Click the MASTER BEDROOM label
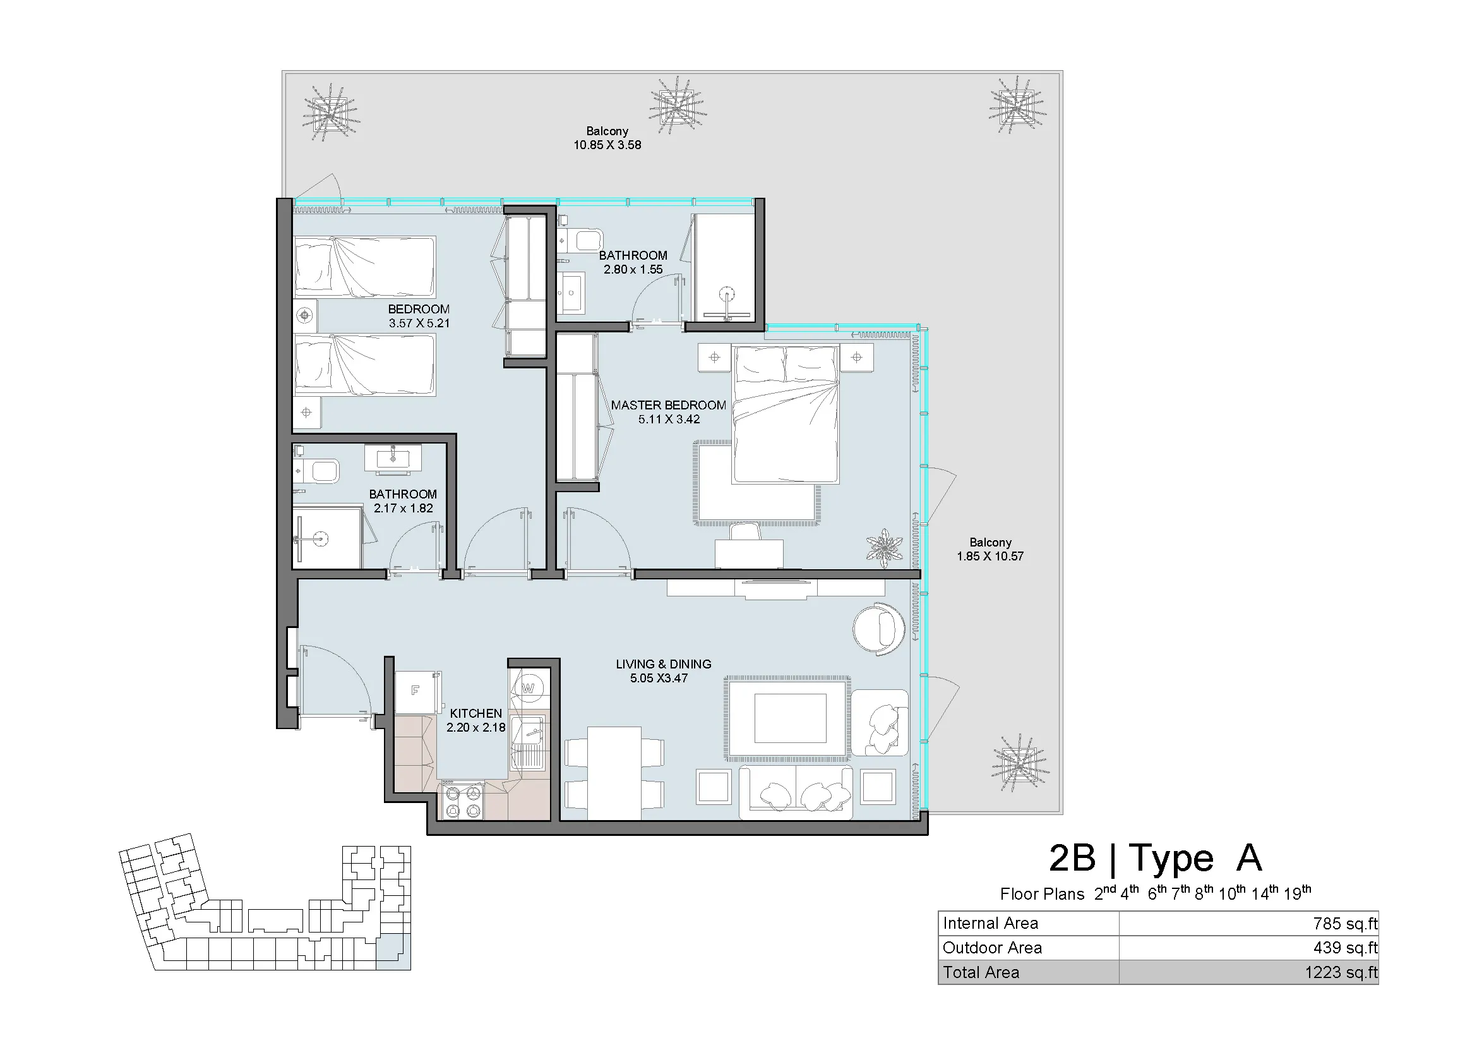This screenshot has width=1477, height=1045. [668, 406]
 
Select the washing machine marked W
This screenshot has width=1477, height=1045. [528, 688]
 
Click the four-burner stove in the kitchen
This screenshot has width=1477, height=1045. [463, 800]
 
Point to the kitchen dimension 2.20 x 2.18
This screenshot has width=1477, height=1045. [476, 728]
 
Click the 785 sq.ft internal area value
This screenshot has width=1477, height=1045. [1345, 924]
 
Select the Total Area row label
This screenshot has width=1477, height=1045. [981, 972]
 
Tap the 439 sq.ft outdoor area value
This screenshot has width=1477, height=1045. [1345, 948]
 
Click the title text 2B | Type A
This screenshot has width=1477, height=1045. [1156, 858]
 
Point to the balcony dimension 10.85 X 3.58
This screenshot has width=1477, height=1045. [607, 145]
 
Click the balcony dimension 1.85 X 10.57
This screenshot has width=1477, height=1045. [990, 557]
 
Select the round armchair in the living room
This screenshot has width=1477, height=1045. [879, 629]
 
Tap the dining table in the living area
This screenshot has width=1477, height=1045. [614, 773]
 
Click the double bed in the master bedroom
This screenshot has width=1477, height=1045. [786, 414]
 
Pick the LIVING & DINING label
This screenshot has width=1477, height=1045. [663, 664]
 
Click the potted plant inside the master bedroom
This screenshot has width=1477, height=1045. [885, 547]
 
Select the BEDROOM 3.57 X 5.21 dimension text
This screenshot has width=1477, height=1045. [419, 323]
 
